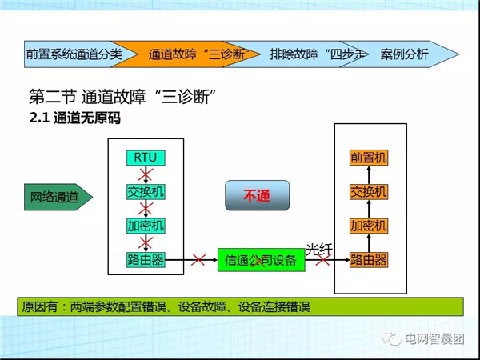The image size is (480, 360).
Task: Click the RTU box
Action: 146,158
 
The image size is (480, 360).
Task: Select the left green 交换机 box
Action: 146,192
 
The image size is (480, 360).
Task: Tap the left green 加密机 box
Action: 146,226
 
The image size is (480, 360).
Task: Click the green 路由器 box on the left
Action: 146,260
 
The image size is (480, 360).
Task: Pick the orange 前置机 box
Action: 369,158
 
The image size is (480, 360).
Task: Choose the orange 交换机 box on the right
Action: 369,192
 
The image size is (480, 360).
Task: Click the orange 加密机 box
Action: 369,226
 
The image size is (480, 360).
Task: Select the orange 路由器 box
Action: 369,260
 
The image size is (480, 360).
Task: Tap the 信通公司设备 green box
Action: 261,260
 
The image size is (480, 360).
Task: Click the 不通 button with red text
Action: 257,195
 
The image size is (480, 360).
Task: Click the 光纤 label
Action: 318,250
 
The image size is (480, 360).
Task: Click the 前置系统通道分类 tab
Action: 74,54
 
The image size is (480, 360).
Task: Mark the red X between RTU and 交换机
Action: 146,174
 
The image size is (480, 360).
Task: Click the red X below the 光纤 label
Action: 323,261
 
